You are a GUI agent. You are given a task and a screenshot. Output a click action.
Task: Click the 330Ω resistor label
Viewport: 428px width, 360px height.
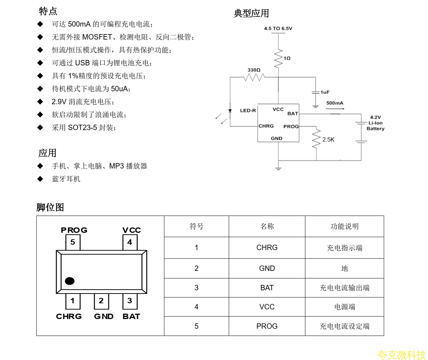[254, 70]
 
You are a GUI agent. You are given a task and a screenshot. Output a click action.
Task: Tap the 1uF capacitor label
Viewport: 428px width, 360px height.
[325, 92]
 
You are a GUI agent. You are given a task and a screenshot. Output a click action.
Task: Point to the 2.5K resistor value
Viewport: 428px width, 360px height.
[328, 140]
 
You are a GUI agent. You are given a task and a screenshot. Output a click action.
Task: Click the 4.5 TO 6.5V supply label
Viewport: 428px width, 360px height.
[278, 28]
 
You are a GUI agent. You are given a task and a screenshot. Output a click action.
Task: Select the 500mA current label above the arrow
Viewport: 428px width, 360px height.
[335, 103]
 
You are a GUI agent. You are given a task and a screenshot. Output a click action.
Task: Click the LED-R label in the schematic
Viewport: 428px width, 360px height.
[248, 111]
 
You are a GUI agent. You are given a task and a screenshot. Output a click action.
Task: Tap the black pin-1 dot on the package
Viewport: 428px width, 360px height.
[70, 281]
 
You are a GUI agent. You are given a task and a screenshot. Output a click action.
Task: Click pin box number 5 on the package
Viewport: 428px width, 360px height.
[73, 243]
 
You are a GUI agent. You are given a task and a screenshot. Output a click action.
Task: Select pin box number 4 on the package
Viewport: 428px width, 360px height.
[130, 243]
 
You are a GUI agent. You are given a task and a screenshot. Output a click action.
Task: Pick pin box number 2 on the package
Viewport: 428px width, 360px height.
[101, 301]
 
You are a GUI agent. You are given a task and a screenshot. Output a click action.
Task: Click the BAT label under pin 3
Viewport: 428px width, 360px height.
[131, 317]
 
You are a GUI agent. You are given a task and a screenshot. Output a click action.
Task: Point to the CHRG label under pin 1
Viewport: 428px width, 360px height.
[69, 317]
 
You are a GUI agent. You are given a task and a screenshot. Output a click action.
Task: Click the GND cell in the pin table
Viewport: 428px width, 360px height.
[267, 268]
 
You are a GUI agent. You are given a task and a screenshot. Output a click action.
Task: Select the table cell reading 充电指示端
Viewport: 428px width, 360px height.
[344, 248]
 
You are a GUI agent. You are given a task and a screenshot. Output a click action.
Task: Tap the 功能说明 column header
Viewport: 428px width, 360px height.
[344, 227]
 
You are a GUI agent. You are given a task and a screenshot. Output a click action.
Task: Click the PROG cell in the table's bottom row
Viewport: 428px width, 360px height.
[267, 326]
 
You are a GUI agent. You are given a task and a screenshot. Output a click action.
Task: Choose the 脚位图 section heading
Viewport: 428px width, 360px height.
[50, 207]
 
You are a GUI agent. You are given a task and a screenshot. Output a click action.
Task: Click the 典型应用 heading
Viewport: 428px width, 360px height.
[251, 14]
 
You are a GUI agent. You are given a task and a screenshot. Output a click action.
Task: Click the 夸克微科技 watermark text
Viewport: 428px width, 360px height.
[402, 355]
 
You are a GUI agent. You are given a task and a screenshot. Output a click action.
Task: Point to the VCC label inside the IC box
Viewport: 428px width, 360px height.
[278, 110]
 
